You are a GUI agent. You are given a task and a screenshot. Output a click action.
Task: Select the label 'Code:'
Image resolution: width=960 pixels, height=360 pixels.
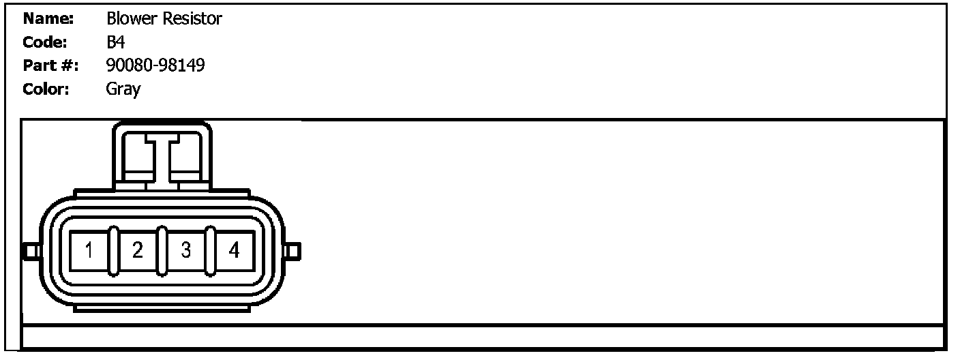44,42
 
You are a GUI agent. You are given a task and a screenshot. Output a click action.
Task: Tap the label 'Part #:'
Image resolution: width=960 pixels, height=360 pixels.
50,65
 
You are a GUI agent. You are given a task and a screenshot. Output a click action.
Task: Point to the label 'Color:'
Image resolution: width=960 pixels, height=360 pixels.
46,89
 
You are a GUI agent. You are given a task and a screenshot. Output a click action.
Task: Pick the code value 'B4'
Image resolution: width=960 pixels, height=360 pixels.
115,42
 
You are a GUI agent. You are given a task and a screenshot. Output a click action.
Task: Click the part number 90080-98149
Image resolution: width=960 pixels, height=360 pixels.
155,65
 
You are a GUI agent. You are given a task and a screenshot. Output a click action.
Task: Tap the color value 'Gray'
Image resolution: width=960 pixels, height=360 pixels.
123,89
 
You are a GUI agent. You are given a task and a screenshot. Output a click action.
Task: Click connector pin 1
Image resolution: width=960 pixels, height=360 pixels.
89,252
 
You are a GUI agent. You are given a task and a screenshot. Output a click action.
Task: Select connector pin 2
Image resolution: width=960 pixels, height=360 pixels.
138,252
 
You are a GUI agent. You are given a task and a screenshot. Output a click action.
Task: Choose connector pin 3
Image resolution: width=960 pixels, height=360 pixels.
186,252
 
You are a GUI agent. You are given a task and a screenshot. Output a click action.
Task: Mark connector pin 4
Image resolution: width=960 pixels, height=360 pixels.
234,252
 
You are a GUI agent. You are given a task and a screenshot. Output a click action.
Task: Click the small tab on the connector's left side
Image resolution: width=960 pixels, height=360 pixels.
31,252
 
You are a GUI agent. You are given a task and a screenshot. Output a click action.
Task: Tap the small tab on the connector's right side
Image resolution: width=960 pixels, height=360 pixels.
292,252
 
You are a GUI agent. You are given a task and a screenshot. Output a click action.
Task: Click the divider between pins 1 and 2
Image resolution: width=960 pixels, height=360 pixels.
114,252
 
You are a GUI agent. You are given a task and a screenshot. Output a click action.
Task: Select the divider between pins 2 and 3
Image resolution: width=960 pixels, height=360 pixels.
162,252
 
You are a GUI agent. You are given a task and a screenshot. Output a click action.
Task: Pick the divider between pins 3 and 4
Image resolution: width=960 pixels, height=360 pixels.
210,252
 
